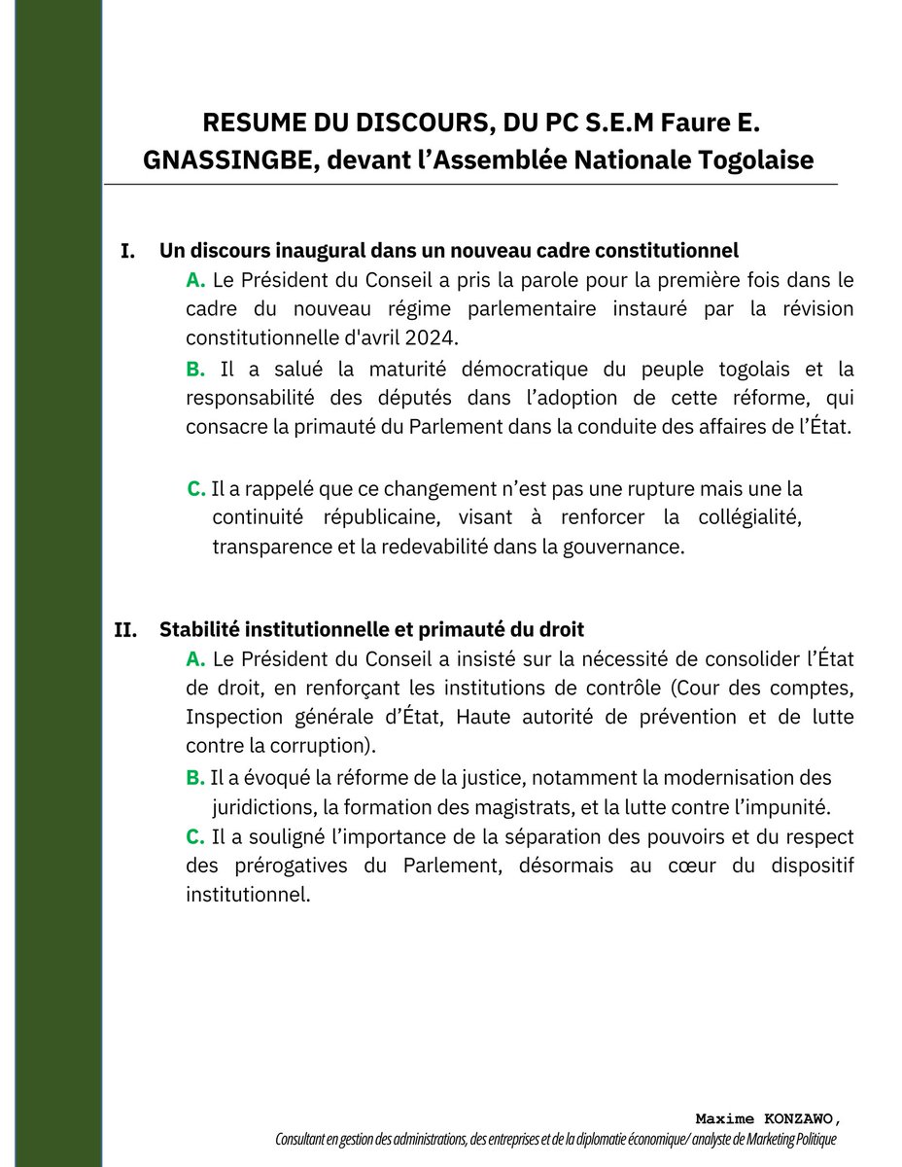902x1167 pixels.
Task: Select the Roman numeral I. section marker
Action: pos(126,252)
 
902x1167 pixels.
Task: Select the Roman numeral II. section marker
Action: pos(125,630)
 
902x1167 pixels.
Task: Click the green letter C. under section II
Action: pos(194,837)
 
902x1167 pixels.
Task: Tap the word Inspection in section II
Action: pos(228,718)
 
